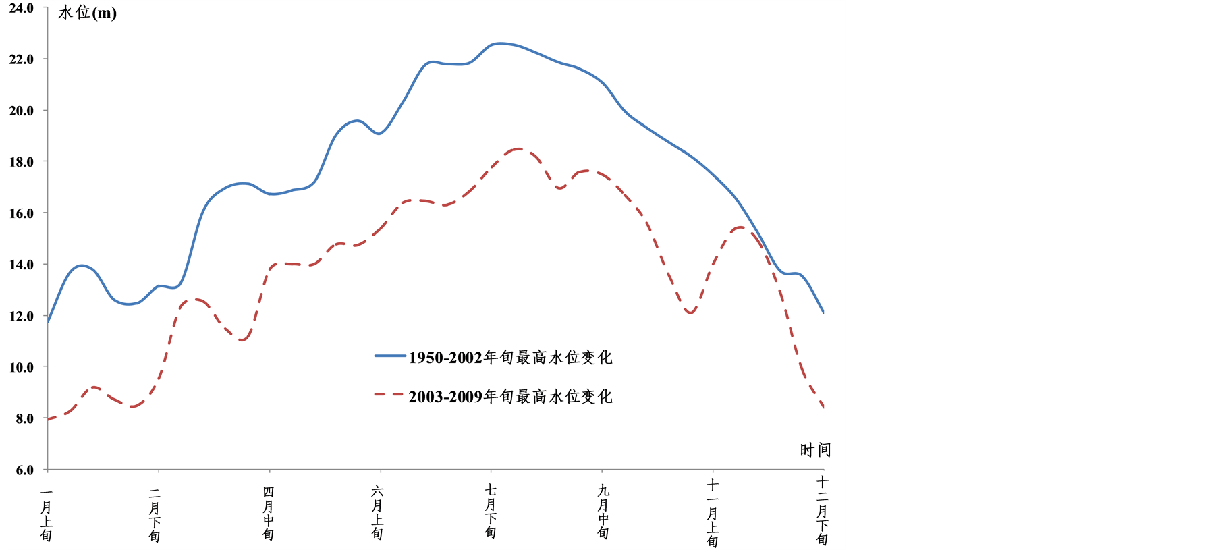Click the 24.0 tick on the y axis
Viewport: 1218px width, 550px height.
22,8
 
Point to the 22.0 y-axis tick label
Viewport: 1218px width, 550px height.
22,59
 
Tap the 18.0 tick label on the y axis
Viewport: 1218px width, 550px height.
22,162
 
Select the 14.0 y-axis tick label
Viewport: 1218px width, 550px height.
22,265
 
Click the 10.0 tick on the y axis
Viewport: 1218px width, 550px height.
22,367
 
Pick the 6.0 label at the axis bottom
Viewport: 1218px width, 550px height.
24,470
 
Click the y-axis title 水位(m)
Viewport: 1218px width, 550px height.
87,13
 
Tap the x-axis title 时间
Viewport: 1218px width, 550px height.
815,450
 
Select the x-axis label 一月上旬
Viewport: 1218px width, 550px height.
46,514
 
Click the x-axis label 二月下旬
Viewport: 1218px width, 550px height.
155,514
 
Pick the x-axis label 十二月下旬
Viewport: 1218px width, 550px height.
822,510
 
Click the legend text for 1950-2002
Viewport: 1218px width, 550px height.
510,357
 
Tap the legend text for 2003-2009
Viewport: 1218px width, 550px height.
510,396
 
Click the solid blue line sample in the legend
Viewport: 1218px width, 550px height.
390,356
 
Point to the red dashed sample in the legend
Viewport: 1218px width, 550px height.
390,395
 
